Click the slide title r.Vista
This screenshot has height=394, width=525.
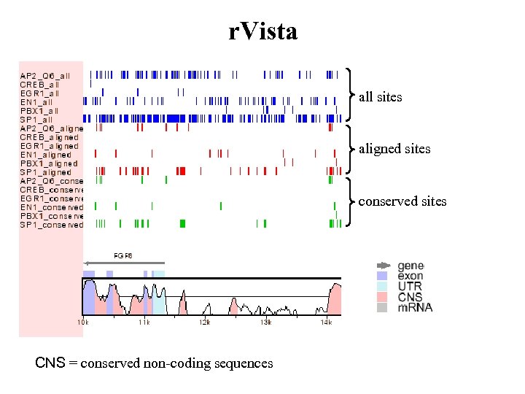point(262,31)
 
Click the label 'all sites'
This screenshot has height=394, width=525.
point(380,96)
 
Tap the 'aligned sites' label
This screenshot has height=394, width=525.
point(394,149)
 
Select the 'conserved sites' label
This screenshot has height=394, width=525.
point(402,201)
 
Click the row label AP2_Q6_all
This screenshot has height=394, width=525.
point(45,75)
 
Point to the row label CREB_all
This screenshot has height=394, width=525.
point(41,84)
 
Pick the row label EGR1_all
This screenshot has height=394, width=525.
point(40,93)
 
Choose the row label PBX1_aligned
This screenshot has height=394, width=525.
point(49,163)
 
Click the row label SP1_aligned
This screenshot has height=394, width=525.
point(45,172)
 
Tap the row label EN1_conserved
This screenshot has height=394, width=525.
point(51,207)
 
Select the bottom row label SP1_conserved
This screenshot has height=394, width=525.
point(51,225)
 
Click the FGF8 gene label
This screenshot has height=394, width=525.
point(122,255)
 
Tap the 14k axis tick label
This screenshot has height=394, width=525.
point(327,322)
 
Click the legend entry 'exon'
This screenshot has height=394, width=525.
point(410,276)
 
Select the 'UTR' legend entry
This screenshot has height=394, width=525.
point(409,287)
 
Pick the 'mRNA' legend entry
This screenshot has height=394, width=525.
point(414,307)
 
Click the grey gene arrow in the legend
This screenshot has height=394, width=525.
point(384,266)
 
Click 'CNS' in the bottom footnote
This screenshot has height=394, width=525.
point(49,363)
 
